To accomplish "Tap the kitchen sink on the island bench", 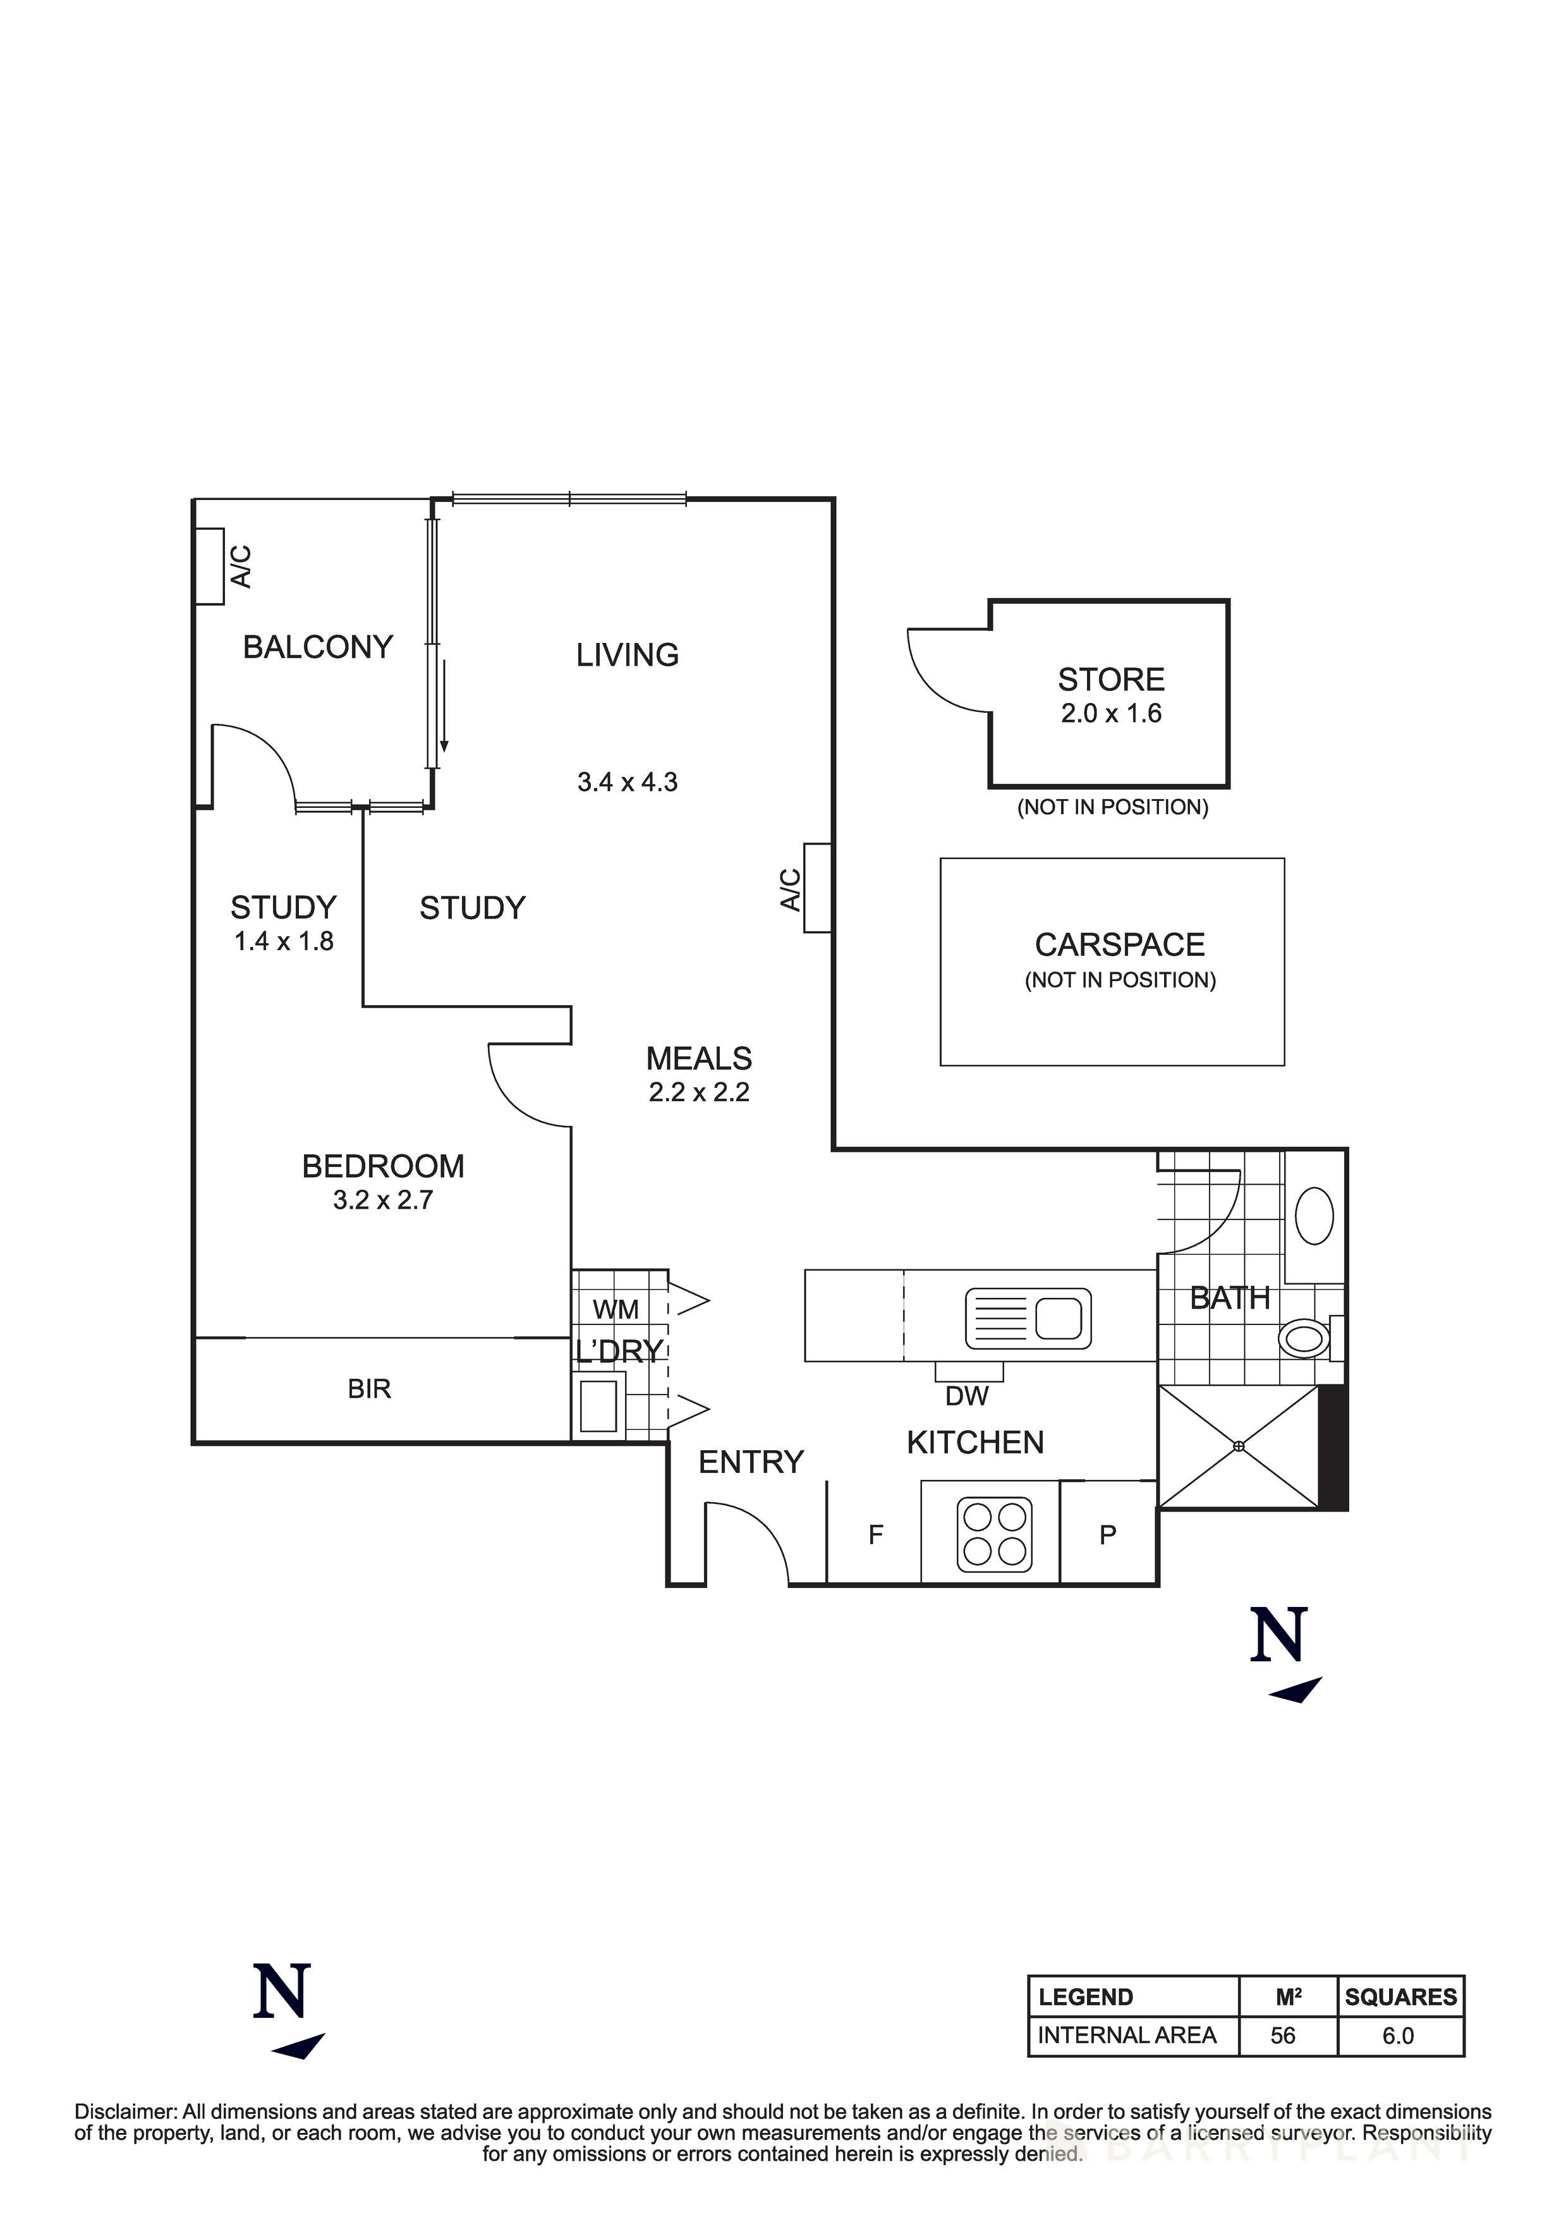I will point(1028,1318).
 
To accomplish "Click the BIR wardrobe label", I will point(369,1389).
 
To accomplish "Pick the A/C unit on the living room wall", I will point(816,888).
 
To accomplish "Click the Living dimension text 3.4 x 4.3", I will point(628,782).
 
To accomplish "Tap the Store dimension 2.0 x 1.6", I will point(1110,714).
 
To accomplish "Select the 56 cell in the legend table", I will point(1282,2036).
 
